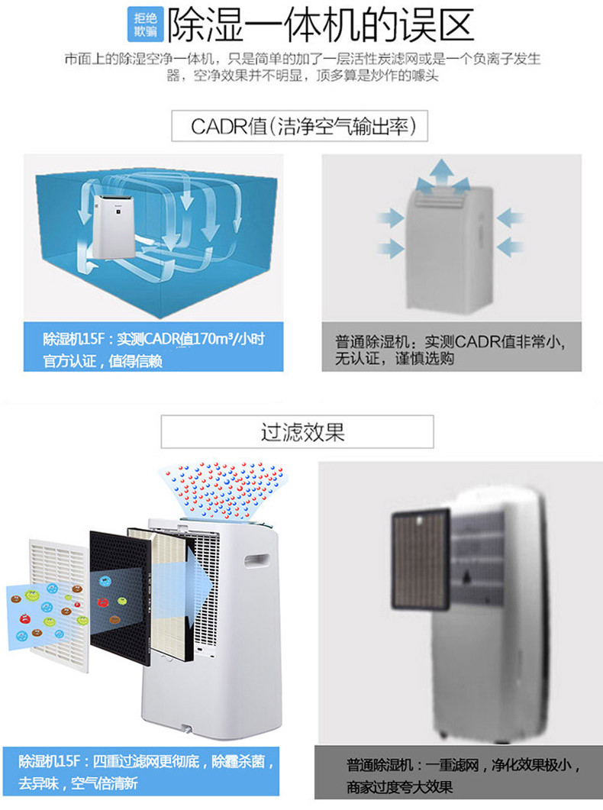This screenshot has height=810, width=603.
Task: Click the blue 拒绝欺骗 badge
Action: coord(145,24)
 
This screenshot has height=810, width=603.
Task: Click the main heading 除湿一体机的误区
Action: coord(320,24)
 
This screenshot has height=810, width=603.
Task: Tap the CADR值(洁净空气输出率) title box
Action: coord(299,125)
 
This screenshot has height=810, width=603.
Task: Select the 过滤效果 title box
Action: coord(298,432)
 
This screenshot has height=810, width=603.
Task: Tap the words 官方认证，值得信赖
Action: coord(103,360)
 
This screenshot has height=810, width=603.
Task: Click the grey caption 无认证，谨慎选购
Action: coord(395,359)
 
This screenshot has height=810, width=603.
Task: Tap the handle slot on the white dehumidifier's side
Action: coord(256,560)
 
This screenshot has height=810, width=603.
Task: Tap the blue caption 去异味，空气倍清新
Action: coord(78,783)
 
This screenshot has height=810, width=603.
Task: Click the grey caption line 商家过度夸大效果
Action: coord(399,787)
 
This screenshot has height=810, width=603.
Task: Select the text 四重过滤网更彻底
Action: coord(146,761)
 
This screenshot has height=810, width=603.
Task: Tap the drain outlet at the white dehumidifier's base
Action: coord(185,729)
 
